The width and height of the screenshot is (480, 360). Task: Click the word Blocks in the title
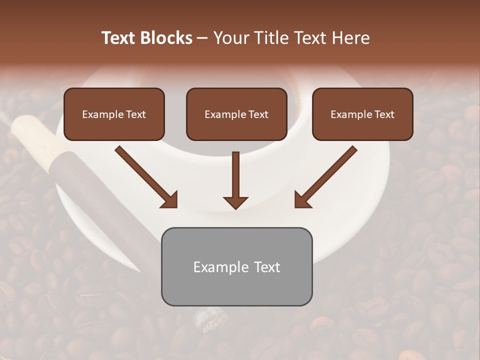coord(166,38)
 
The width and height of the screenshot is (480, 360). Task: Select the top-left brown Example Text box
coord(114,114)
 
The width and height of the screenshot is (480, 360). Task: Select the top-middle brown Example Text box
coord(236,114)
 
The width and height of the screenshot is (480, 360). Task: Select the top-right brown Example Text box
coord(362,114)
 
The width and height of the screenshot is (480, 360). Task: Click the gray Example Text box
coord(236,266)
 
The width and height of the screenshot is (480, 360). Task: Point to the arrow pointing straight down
coord(236,177)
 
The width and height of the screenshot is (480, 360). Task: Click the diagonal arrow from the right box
coord(328,175)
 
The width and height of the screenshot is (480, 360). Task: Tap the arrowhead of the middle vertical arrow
coord(236,202)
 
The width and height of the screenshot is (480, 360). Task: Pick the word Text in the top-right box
coord(384,114)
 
